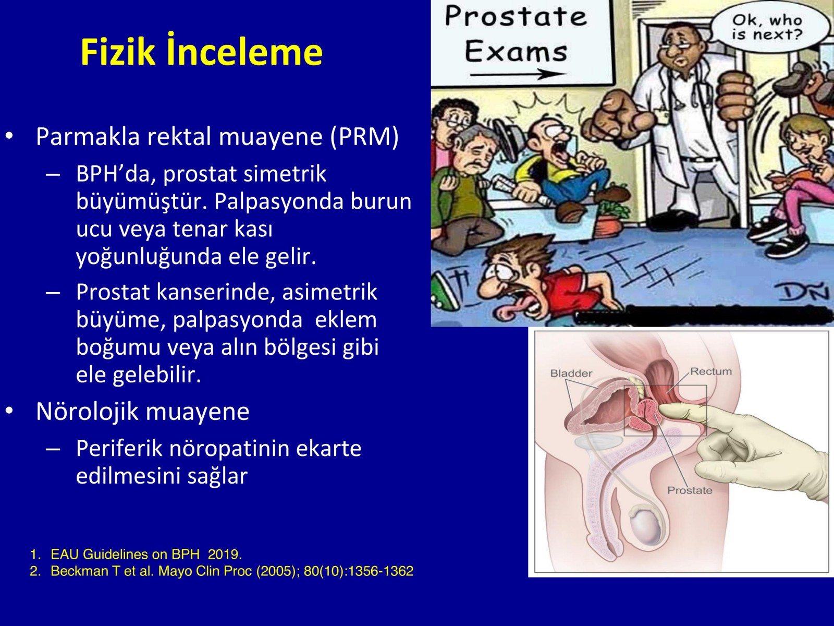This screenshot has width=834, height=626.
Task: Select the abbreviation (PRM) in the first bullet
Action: [x=364, y=137]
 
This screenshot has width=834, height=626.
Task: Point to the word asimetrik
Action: [x=330, y=292]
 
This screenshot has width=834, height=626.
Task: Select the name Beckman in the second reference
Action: [x=80, y=571]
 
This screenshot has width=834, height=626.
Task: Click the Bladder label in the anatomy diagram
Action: [x=571, y=373]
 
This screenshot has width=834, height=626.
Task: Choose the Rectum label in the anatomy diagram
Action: [x=711, y=371]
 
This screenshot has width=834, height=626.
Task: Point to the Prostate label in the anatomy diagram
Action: [x=690, y=490]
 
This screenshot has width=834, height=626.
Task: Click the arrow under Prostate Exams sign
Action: [x=518, y=75]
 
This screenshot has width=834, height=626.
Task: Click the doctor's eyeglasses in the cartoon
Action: [x=681, y=45]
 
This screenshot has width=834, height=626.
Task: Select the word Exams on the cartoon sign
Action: [x=516, y=52]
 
